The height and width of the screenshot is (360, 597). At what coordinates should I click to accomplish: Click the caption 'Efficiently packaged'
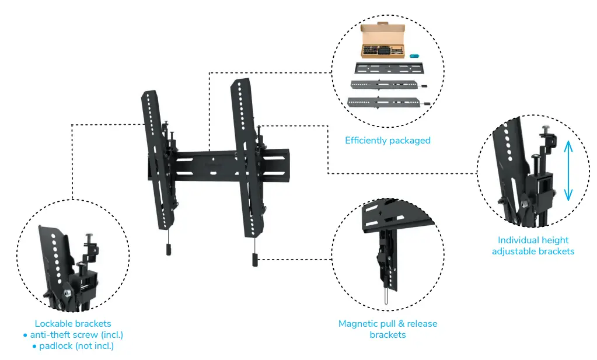click(x=387, y=140)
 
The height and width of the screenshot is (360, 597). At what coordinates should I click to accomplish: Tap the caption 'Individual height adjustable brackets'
click(x=533, y=245)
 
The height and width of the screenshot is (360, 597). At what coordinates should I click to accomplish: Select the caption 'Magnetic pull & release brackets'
click(x=387, y=329)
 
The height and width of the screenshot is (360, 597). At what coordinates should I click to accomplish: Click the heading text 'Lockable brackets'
click(x=73, y=323)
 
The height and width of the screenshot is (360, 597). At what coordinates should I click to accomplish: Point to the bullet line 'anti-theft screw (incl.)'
click(x=73, y=335)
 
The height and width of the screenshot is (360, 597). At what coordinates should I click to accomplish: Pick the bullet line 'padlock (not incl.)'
click(x=73, y=346)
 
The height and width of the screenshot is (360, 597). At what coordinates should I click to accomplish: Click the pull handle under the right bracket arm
click(x=255, y=258)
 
